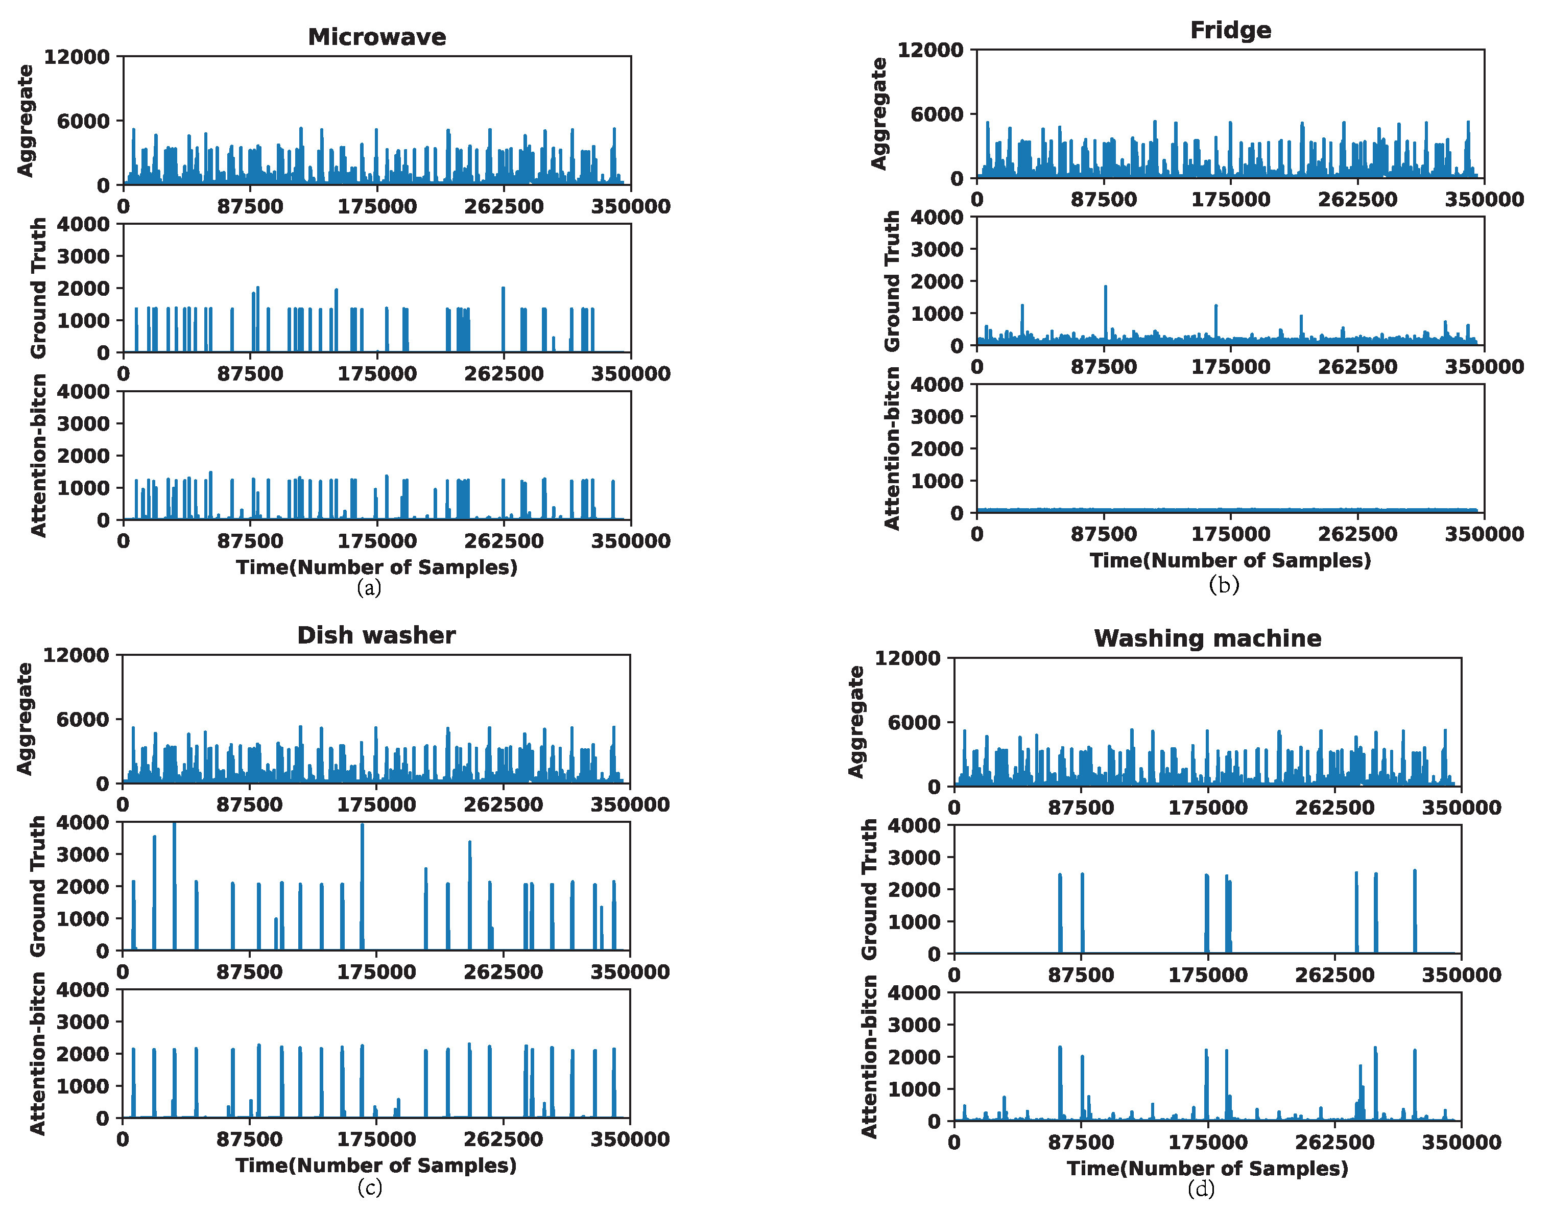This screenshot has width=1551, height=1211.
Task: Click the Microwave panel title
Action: [x=376, y=37]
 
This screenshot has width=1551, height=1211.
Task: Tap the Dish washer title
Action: [x=376, y=635]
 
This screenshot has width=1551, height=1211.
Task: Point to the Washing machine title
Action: [x=1207, y=638]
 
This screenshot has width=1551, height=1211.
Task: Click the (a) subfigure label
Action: [x=369, y=587]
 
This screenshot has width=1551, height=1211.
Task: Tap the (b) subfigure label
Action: [x=1223, y=584]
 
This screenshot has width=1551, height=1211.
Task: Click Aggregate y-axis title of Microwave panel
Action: [x=26, y=120]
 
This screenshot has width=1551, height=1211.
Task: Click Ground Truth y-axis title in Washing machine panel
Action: [x=869, y=889]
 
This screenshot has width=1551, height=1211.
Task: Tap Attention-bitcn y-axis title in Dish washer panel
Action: [x=38, y=1053]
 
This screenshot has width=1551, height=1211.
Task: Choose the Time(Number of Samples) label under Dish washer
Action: [x=376, y=1165]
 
